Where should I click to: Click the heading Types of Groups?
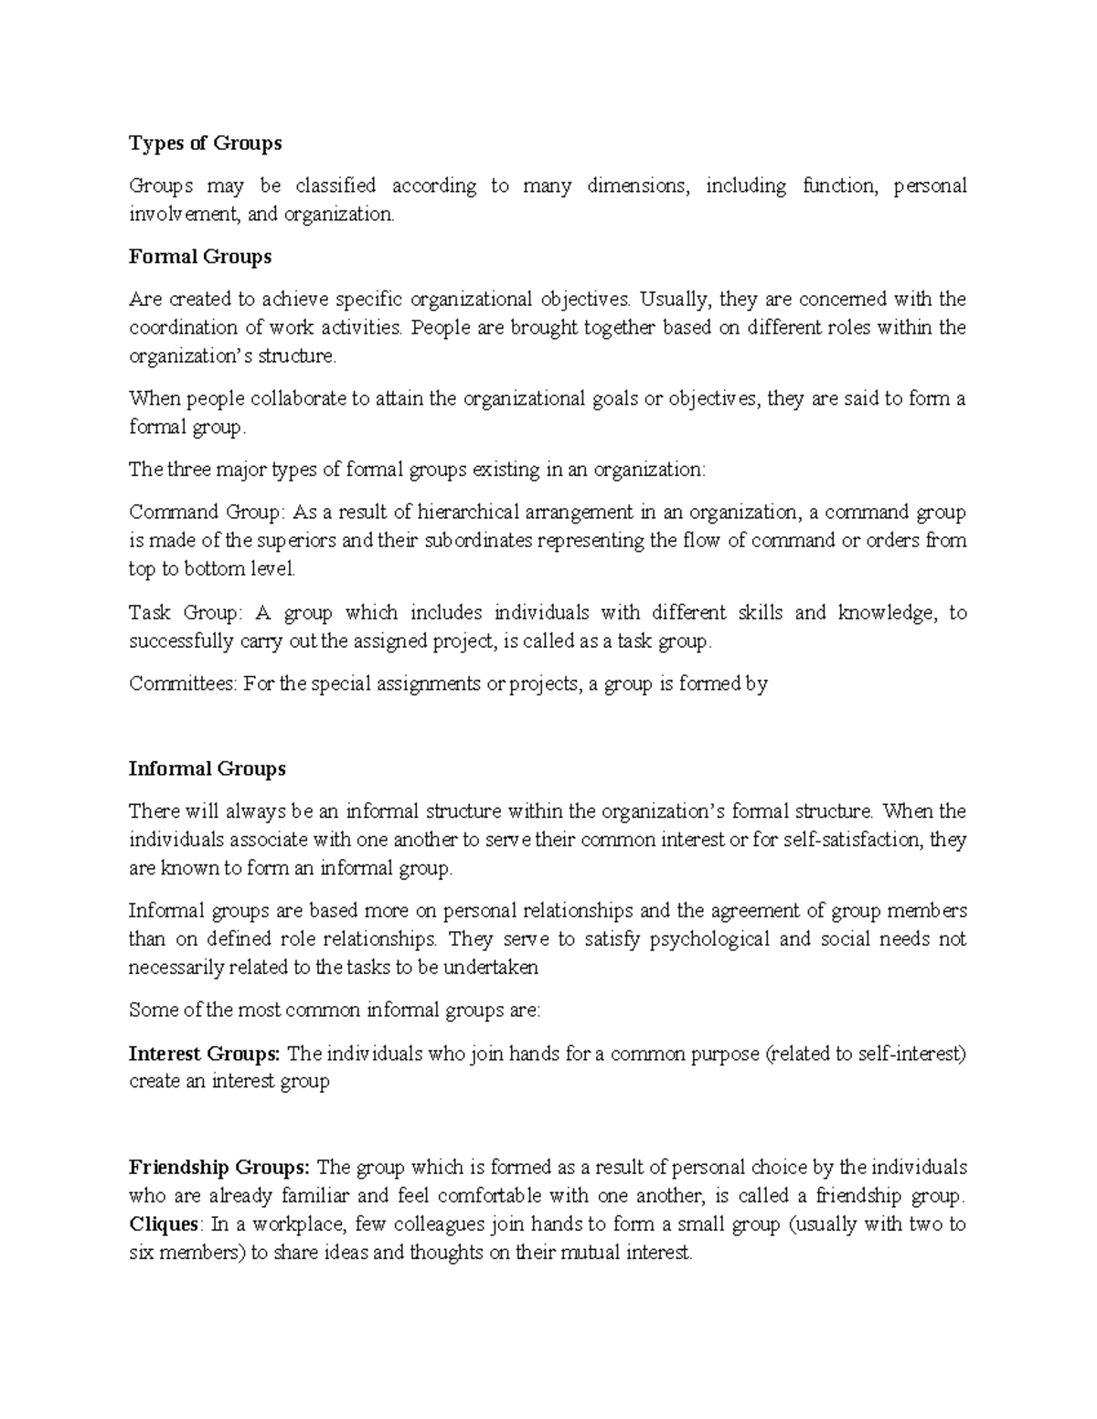coord(205,143)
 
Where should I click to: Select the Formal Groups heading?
coord(200,257)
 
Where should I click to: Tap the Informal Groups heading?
coord(208,768)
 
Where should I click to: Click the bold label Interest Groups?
coord(205,1054)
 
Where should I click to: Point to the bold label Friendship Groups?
coord(220,1167)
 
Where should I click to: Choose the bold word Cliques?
coord(164,1223)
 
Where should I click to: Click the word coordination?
coord(186,327)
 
